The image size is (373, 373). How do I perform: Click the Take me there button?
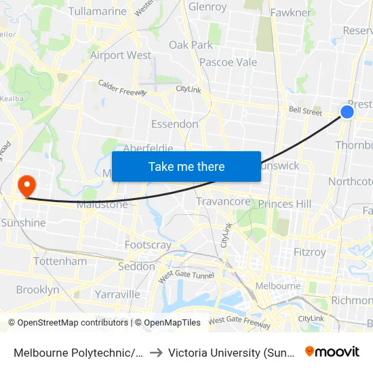186,166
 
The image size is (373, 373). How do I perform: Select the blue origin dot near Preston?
347,111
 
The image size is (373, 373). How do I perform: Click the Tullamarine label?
98,12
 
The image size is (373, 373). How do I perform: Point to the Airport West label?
121,55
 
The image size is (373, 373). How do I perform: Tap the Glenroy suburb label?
208,7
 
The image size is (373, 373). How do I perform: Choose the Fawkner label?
290,12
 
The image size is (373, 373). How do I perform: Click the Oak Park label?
191,45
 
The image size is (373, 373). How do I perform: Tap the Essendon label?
175,124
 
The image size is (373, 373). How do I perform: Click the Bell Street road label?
305,111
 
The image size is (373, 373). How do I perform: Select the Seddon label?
136,267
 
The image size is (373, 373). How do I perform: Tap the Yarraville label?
117,294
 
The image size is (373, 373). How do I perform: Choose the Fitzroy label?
310,252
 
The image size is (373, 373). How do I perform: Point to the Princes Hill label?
285,203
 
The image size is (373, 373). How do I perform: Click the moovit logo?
332,352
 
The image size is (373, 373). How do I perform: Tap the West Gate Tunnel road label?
186,276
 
